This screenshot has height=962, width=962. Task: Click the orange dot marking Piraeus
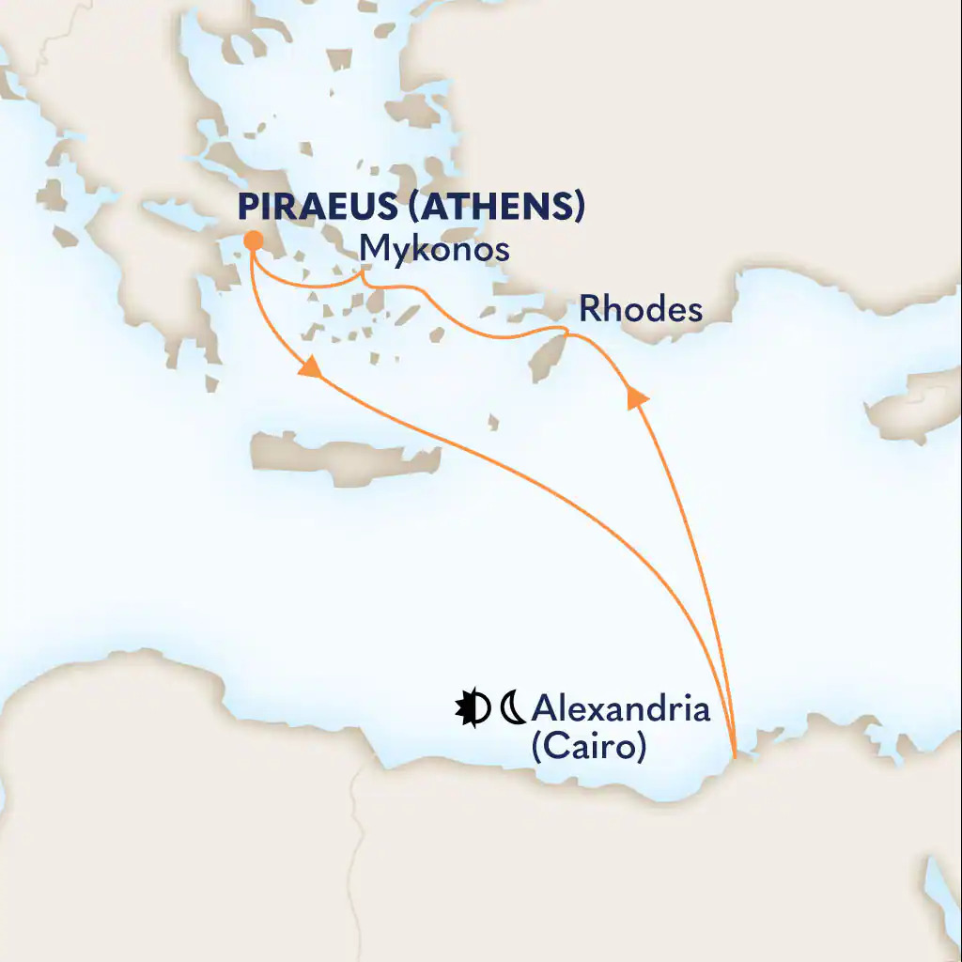click(252, 241)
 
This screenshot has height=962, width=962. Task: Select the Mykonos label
click(435, 250)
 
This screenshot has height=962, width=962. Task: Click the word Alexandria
click(620, 709)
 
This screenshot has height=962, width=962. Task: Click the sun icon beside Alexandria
click(472, 708)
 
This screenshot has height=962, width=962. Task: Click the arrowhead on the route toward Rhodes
click(638, 398)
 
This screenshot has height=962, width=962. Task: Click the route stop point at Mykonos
click(365, 275)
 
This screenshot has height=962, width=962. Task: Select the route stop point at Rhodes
click(566, 331)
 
